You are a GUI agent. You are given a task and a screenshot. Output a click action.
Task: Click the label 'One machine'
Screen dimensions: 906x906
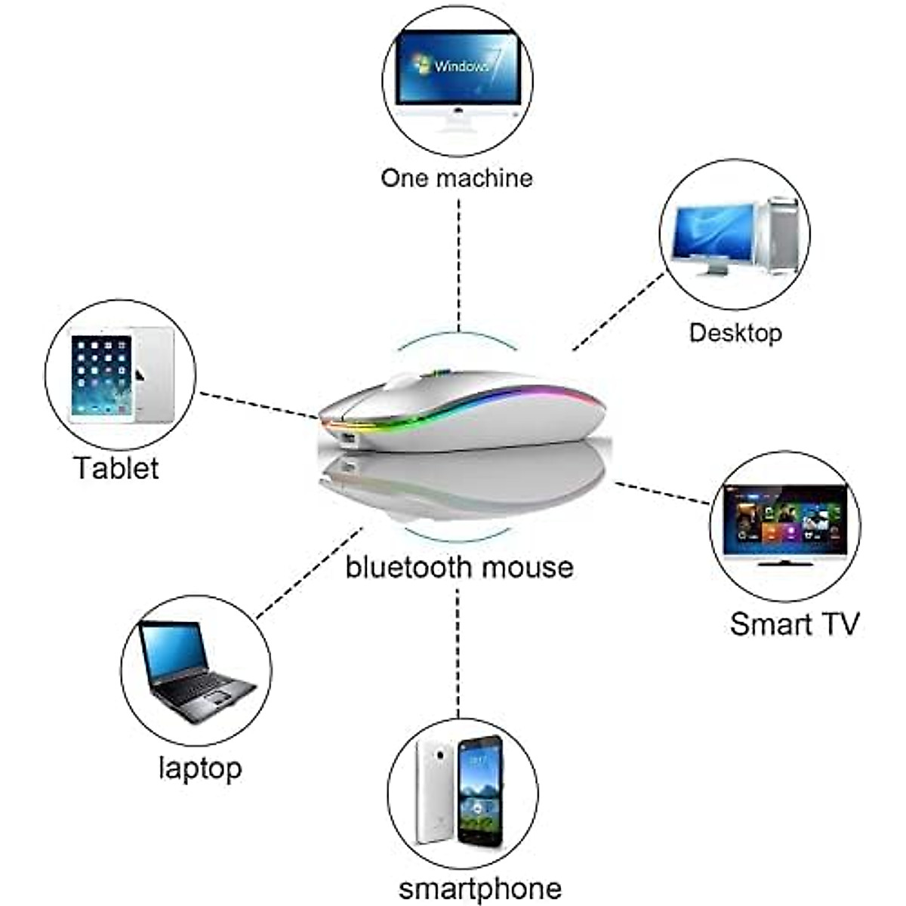[456, 178]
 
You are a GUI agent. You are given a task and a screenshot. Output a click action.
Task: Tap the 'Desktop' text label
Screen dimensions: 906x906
[735, 333]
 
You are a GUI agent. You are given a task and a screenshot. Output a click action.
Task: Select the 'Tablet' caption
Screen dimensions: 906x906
[116, 468]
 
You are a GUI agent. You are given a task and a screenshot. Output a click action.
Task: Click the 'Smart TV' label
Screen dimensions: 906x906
[794, 624]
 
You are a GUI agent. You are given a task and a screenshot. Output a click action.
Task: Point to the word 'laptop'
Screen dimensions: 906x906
[200, 769]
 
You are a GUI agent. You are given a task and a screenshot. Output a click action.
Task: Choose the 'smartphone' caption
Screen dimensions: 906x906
[479, 889]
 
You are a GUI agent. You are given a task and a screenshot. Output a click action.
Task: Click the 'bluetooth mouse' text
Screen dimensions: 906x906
[459, 566]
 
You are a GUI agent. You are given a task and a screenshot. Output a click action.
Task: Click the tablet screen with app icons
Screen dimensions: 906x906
[101, 375]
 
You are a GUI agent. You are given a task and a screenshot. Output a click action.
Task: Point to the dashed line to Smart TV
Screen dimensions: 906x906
[661, 493]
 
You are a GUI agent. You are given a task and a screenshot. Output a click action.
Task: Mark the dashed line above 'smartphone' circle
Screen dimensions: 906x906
[458, 649]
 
